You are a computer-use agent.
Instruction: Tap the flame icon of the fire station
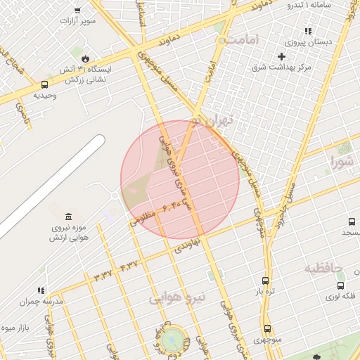85,57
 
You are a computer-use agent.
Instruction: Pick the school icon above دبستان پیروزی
307,31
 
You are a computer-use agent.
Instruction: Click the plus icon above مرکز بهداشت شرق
282,56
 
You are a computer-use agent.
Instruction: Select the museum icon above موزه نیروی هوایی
67,216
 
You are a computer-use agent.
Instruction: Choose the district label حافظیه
323,268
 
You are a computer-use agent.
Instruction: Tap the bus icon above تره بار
264,280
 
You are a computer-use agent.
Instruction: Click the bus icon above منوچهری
267,328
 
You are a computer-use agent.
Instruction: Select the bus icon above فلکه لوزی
341,285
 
